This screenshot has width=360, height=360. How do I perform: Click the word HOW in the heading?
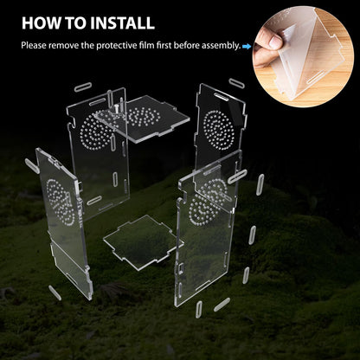pyautogui.click(x=42, y=23)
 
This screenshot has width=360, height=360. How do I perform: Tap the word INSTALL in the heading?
pyautogui.click(x=120, y=23)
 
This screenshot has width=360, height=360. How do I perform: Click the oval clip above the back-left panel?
pyautogui.click(x=84, y=87)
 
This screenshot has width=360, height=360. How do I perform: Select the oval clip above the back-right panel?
pyautogui.click(x=236, y=83)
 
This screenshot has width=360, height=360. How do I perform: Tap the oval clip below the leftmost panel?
pyautogui.click(x=55, y=292)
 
